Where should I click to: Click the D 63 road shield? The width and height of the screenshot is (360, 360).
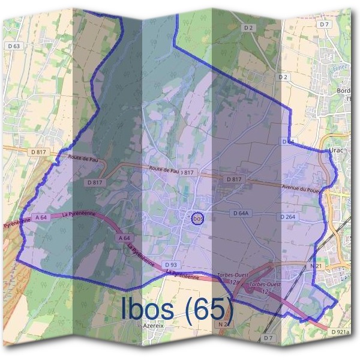[x=14, y=46]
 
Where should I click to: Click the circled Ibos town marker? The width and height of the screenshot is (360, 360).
[x=198, y=219]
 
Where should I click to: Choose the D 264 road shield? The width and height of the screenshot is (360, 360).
[x=287, y=216]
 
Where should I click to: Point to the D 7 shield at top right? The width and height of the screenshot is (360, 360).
[x=325, y=24]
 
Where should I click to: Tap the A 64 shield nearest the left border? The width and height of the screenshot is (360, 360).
[x=41, y=217]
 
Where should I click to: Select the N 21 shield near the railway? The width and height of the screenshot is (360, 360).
[x=316, y=265]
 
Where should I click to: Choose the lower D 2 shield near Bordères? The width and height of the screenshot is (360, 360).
[x=283, y=77]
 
